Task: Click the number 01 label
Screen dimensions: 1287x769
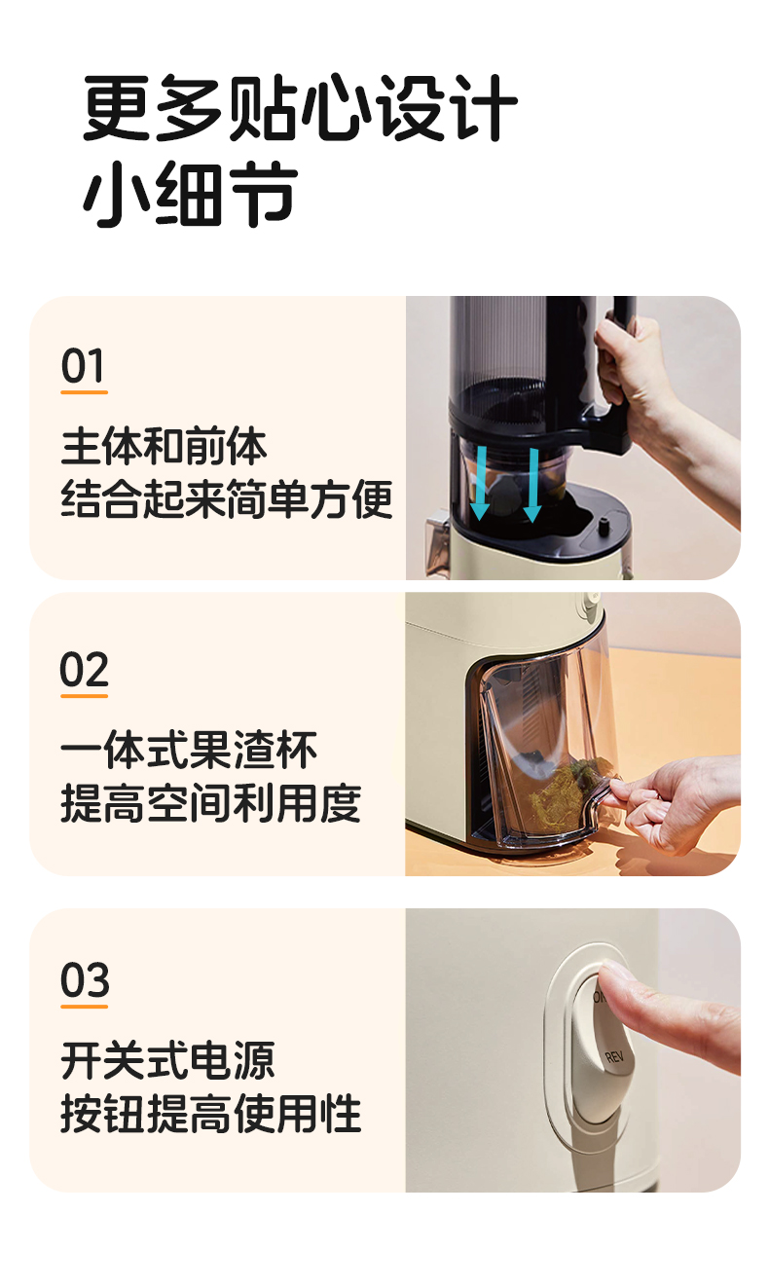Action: pyautogui.click(x=83, y=367)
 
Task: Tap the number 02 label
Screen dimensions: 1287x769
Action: pyautogui.click(x=84, y=671)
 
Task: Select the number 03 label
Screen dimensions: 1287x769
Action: pyautogui.click(x=85, y=980)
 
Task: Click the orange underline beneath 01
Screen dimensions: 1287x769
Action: pyautogui.click(x=84, y=392)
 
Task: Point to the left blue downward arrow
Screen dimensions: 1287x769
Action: pyautogui.click(x=480, y=482)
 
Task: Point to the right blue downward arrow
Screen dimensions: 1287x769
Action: pyautogui.click(x=531, y=484)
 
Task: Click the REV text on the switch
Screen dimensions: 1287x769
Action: pyautogui.click(x=613, y=1055)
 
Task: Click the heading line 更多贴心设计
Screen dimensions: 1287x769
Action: pyautogui.click(x=300, y=109)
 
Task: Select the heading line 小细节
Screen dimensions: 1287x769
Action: pyautogui.click(x=190, y=196)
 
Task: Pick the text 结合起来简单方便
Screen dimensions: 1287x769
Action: pyautogui.click(x=227, y=500)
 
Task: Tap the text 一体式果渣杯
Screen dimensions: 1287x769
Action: pyautogui.click(x=189, y=752)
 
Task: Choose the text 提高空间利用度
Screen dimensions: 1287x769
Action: pyautogui.click(x=210, y=804)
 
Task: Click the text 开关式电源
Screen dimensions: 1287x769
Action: pyautogui.click(x=167, y=1060)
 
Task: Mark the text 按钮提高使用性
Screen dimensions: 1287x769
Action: pyautogui.click(x=210, y=1114)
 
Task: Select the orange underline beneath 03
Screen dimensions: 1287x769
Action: pyautogui.click(x=85, y=1006)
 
